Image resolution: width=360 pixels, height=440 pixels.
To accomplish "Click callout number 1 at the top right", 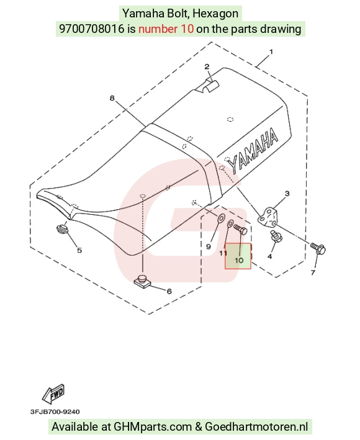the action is tap(271, 52).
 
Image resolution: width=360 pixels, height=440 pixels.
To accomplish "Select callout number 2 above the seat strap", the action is tap(207, 66).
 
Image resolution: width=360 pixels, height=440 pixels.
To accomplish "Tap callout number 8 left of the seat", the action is tap(112, 98).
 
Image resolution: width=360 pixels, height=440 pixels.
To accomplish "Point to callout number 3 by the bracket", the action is tap(287, 194).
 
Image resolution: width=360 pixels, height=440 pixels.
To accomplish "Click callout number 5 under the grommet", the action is tap(79, 250).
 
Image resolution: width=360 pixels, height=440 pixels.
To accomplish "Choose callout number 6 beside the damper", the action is tap(169, 291).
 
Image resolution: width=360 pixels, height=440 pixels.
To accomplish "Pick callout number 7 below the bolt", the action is tap(313, 272).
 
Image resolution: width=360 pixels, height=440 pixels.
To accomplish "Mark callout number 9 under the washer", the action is tap(209, 246).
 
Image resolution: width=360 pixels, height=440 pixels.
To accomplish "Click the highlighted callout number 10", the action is tap(239, 260).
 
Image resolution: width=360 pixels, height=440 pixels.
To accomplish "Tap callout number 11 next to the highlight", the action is tap(223, 253).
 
